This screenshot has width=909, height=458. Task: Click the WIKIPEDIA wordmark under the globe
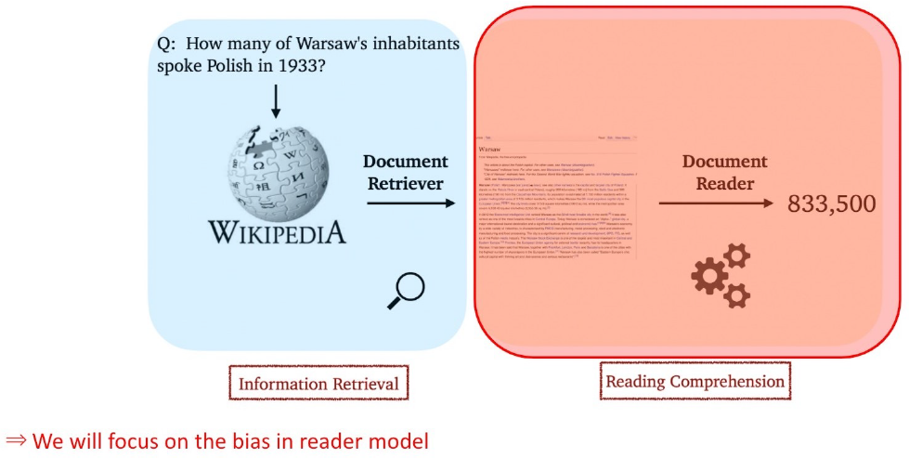pos(276,230)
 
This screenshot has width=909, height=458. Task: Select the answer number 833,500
pos(831,203)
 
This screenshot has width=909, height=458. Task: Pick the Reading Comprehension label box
pos(695,381)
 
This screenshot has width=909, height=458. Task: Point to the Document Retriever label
pos(402,172)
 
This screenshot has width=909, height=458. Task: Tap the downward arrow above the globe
pos(275,100)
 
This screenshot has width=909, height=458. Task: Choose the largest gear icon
pos(710,277)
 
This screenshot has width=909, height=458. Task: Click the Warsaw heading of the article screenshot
pos(493,149)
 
